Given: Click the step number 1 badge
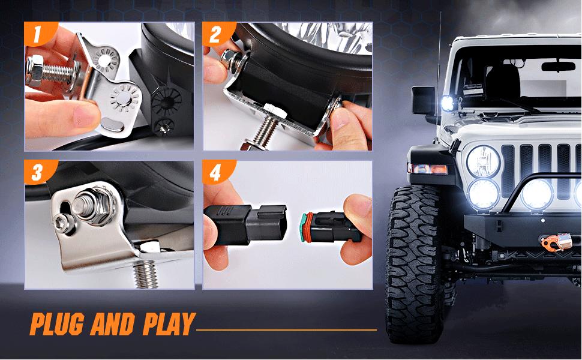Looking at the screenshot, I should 37,34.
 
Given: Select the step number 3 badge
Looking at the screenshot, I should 37,173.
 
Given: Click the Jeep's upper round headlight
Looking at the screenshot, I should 483,159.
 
